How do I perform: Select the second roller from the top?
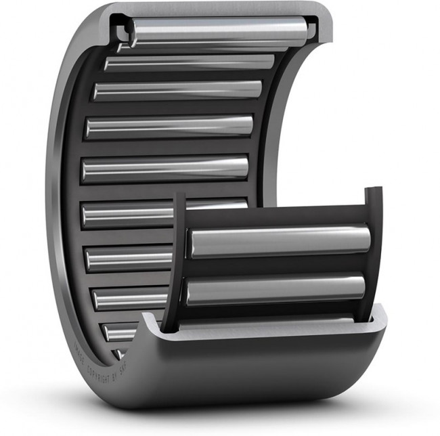[190, 62]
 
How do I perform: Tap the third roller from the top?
[177, 90]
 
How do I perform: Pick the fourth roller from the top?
[169, 126]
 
